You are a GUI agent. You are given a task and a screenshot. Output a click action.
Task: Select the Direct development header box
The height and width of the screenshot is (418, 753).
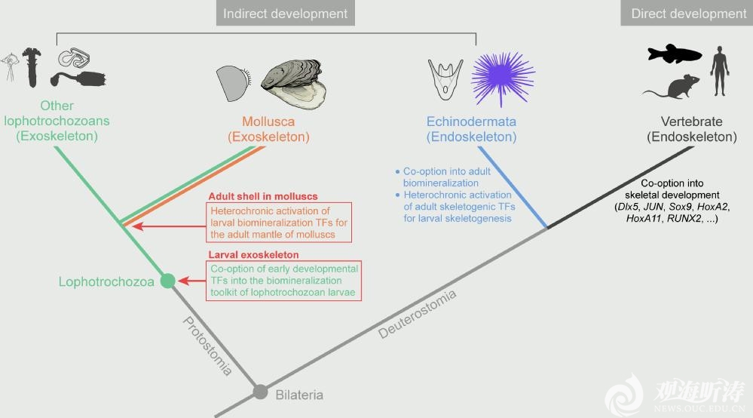(x=687, y=14)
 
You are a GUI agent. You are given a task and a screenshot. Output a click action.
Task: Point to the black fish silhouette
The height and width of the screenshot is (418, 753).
(x=674, y=54)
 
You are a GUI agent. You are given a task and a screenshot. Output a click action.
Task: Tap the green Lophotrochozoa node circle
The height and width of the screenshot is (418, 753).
(x=167, y=281)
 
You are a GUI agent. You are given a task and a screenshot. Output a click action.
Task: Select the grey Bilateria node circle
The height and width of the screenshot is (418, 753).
(x=260, y=392)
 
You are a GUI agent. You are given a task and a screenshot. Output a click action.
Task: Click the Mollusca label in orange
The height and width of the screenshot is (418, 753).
(x=268, y=121)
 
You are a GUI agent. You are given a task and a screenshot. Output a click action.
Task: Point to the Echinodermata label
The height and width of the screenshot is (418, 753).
(x=471, y=121)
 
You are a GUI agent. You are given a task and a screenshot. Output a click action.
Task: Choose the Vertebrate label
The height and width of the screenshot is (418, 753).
(x=691, y=121)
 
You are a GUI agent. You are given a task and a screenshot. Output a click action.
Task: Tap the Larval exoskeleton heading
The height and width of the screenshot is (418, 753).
(x=253, y=255)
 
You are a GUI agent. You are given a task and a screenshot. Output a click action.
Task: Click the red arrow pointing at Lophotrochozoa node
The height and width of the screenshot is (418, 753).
(x=191, y=281)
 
